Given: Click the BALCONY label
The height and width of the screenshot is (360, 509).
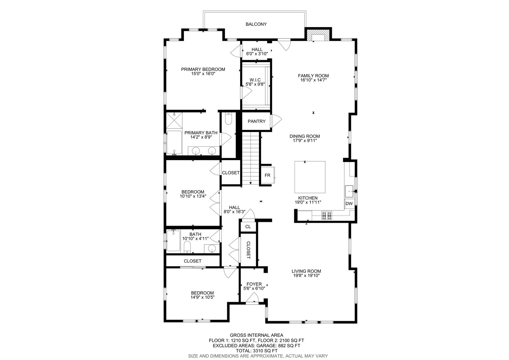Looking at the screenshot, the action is tap(256, 24).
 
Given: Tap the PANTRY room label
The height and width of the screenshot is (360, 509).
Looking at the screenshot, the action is tap(256, 122).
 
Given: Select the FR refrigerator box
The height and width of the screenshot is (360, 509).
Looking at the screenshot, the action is tap(268, 175).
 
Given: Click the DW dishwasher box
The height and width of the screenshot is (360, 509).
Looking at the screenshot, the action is tap(349, 203).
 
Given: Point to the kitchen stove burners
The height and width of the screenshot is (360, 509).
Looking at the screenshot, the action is tap(326, 215).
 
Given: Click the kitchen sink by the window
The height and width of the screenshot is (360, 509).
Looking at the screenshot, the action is tap(349, 192).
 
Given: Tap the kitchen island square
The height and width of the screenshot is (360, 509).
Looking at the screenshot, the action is tap(310, 177).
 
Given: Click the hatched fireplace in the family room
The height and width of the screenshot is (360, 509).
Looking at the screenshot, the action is tap(318, 35).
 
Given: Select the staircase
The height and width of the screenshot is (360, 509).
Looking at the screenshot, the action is tap(250, 158).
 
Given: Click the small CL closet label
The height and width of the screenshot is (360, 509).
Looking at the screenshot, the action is tap(248, 227).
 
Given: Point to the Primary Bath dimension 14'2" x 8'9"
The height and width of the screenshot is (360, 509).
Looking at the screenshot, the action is tap(201, 137).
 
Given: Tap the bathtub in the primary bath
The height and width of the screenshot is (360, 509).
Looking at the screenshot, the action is tap(174, 142).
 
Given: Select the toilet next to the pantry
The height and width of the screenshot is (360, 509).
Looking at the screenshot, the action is tap(228, 119).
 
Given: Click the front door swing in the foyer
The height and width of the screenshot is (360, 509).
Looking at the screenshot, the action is tap(252, 298).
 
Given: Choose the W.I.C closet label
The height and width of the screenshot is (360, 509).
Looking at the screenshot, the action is tap(255, 80).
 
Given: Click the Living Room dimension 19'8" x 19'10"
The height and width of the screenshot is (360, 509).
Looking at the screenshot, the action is tap(306, 276).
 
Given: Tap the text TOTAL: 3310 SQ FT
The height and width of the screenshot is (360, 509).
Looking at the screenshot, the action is tap(256, 351).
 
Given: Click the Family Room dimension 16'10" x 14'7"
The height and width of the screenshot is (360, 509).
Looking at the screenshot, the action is tap(314, 80).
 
